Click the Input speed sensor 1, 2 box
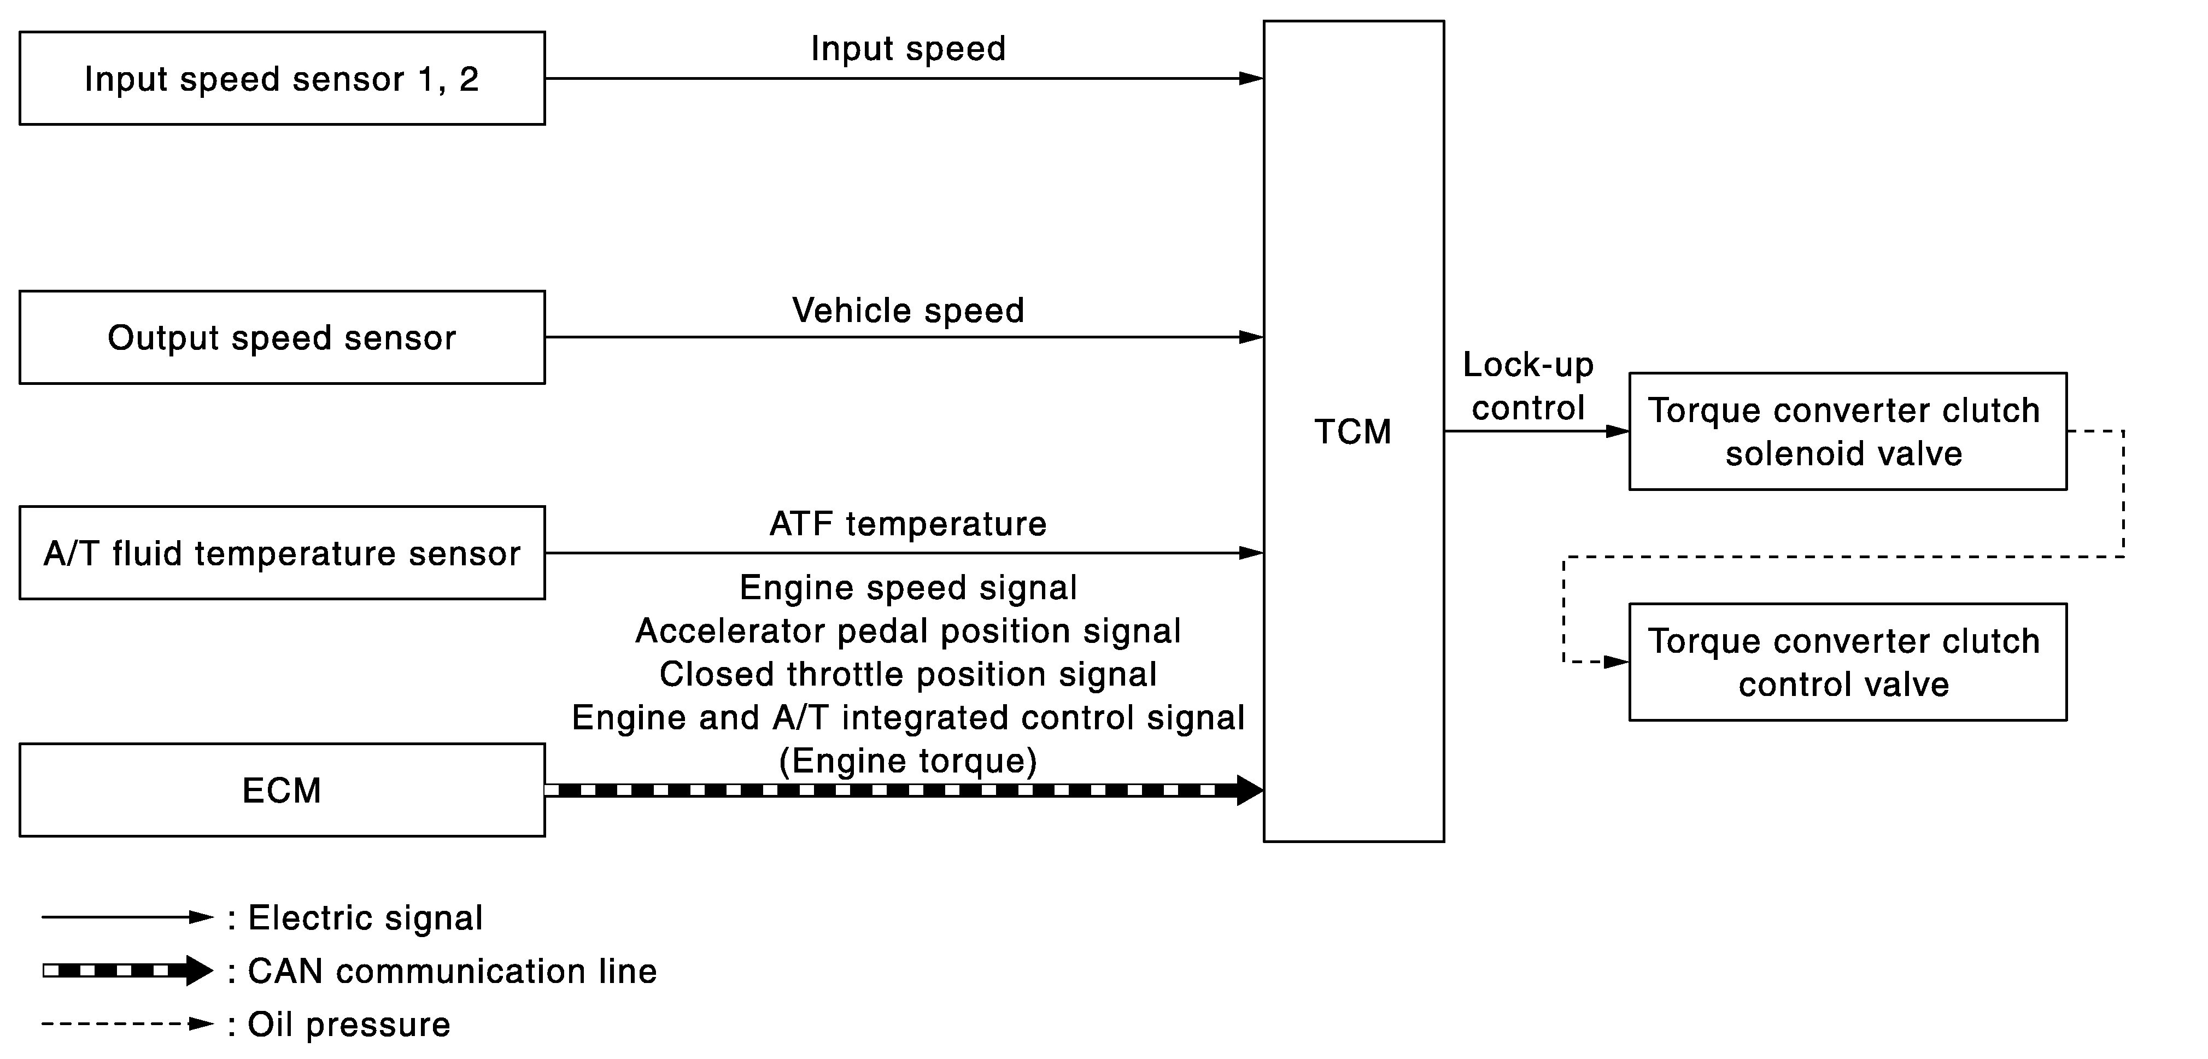[282, 79]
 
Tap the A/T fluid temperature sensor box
[282, 553]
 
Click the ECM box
[282, 790]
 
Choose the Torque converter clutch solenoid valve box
[1847, 431]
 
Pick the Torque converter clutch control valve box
[1847, 662]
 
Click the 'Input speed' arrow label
[907, 49]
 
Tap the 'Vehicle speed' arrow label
[907, 311]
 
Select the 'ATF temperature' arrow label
[907, 524]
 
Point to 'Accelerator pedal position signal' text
[907, 631]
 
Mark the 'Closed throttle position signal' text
[907, 674]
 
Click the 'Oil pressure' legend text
[349, 1025]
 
